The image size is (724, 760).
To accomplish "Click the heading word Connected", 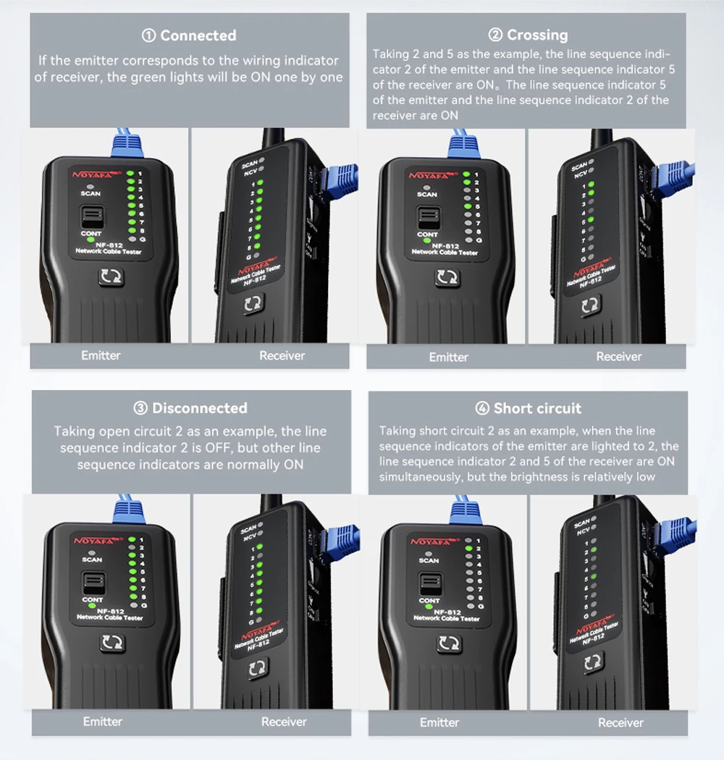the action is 198,35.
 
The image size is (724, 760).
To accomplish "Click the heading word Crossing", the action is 537,35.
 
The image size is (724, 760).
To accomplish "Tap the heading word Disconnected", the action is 200,408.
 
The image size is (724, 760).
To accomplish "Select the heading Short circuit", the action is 537,408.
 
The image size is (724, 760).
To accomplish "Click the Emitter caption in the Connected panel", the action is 101,355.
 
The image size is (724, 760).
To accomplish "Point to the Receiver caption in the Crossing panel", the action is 618,356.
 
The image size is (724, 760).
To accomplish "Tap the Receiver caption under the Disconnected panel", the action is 284,722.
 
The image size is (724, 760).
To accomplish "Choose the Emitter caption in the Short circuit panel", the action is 439,722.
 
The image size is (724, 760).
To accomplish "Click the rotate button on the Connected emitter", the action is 111,277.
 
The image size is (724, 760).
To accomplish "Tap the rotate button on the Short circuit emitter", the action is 449,643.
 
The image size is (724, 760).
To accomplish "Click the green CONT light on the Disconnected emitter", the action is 92,606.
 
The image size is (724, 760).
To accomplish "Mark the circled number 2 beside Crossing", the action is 496,35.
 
